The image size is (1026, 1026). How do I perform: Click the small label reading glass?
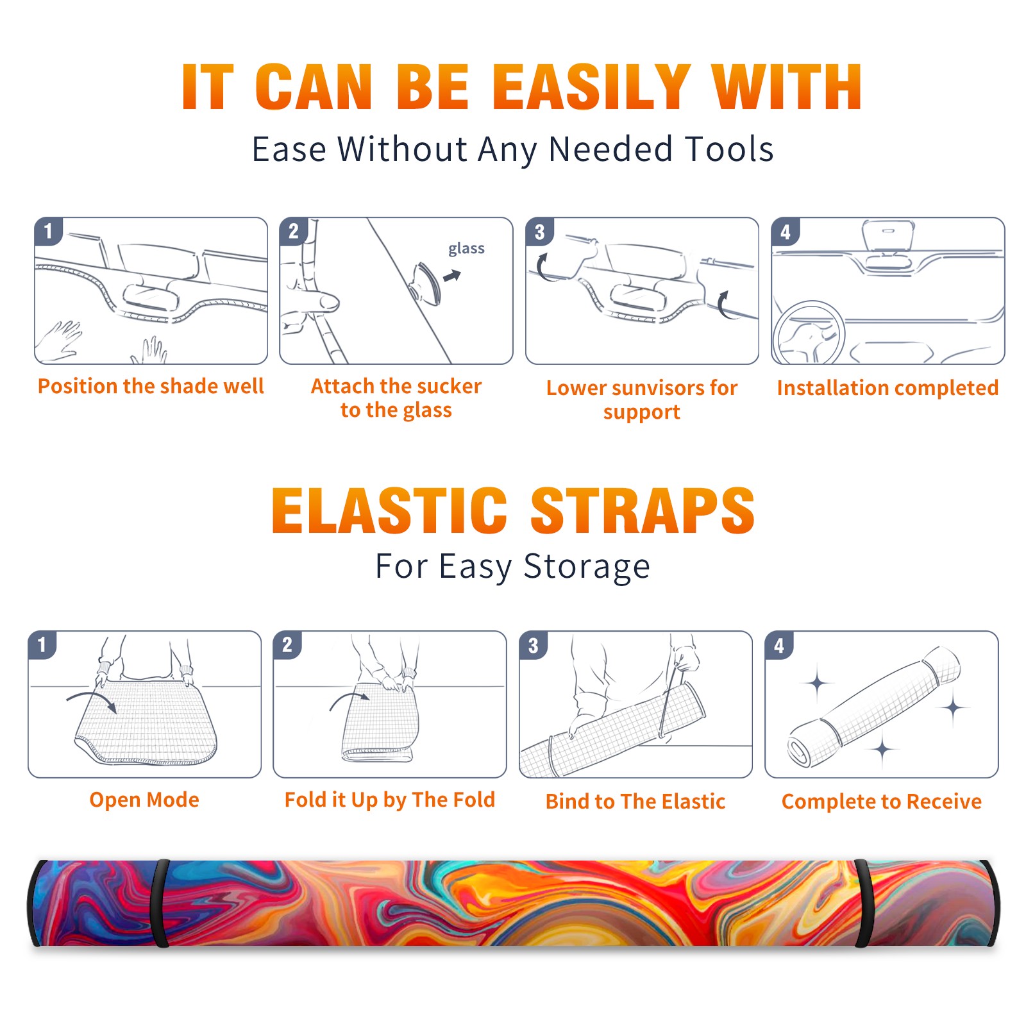[x=466, y=248]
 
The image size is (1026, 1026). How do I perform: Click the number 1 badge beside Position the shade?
[x=48, y=231]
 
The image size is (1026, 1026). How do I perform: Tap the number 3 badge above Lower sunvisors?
[x=539, y=231]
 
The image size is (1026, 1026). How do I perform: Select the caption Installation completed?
[x=887, y=388]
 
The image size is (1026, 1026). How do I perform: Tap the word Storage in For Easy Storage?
[x=587, y=568]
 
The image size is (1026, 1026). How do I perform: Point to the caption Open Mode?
[x=144, y=800]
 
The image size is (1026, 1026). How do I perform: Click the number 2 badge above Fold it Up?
[x=287, y=644]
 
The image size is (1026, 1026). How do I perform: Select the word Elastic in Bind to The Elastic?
[x=693, y=802]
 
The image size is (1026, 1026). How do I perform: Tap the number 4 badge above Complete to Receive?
[x=779, y=645]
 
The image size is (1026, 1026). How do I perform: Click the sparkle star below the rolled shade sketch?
[x=883, y=748]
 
